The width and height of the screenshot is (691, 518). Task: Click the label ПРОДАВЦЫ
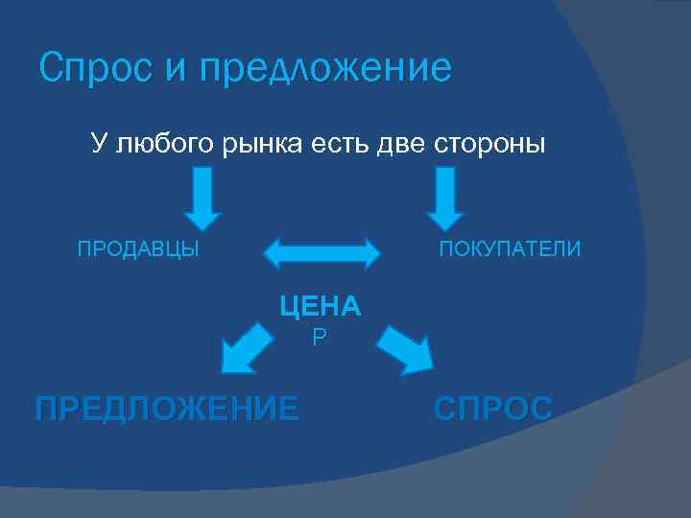pyautogui.click(x=138, y=250)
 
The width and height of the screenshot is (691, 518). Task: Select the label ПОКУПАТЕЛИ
pyautogui.click(x=510, y=250)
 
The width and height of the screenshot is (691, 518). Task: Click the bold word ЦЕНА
pyautogui.click(x=320, y=306)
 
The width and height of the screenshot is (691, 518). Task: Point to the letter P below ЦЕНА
pyautogui.click(x=320, y=338)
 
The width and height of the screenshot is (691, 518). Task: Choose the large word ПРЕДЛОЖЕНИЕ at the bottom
pyautogui.click(x=166, y=409)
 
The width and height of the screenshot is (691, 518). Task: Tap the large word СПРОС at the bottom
pyautogui.click(x=493, y=409)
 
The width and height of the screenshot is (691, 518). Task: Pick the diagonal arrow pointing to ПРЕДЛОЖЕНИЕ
pyautogui.click(x=246, y=347)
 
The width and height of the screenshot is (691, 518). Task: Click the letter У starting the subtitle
pyautogui.click(x=98, y=145)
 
